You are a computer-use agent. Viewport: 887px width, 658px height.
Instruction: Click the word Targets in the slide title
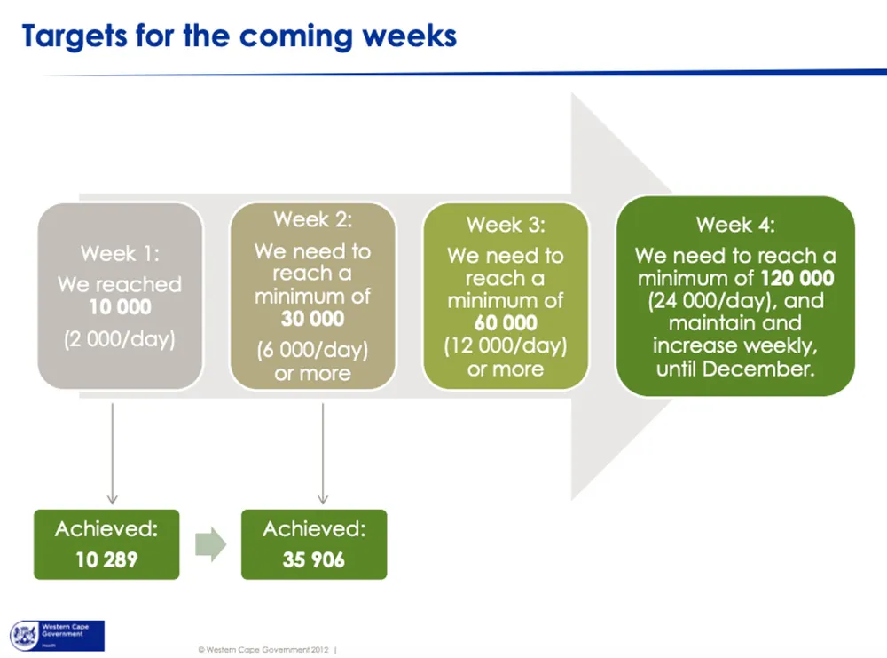75,36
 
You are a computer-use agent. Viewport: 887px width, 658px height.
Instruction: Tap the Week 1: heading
120,253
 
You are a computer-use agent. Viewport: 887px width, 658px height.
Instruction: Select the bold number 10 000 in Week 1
121,307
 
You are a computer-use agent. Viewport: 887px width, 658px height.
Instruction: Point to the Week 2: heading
313,219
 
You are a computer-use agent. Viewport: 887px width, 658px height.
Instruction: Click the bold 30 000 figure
313,319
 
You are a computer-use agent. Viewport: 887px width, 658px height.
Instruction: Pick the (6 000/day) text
313,350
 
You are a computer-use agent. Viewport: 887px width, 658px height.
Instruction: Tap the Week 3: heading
506,225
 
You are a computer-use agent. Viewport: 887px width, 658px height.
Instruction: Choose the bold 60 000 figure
506,322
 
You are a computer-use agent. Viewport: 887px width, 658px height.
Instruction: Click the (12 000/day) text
506,345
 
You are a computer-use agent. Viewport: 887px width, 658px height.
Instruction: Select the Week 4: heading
735,225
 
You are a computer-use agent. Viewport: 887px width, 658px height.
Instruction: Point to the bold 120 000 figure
797,278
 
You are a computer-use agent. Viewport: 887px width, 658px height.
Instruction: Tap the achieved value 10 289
107,559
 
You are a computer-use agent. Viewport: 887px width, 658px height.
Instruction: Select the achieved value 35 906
314,559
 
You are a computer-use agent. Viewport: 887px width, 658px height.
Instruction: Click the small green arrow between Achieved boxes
210,544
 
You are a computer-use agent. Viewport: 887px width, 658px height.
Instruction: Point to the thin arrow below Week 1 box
112,453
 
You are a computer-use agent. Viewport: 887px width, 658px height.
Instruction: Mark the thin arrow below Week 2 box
323,453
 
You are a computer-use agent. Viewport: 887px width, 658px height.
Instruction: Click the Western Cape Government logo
57,635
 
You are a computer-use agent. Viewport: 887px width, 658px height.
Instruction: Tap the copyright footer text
263,649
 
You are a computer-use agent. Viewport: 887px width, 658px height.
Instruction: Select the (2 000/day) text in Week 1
120,339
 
